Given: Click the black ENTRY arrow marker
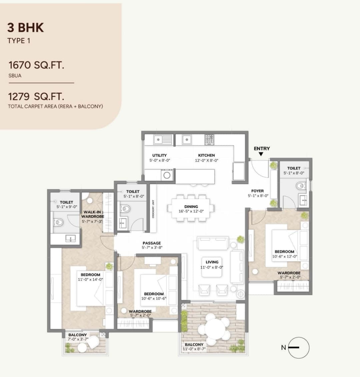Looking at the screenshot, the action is pos(261,154).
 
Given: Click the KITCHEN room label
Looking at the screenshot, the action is pos(207,155).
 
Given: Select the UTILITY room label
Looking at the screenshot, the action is pos(159,155).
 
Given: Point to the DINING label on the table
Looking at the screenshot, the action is pos(191,207).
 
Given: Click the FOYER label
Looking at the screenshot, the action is pos(257,191).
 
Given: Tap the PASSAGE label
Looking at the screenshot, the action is pos(152,243).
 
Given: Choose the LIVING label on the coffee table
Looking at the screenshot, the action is pos(212,262).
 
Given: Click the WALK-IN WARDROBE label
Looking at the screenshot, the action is pos(92,214).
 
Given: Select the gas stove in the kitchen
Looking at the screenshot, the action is pos(209,139).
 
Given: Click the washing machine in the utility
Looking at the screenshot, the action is pos(167,174).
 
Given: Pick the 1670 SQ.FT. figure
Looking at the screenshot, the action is pos(36,65).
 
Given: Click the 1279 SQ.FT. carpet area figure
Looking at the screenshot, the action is pos(36,97).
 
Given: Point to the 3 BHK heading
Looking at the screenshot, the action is pos(25,28).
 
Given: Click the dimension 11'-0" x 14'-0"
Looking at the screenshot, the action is pos(90,279).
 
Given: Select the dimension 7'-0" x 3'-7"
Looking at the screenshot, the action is pos(78,339).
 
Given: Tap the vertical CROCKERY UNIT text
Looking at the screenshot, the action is pos(153,209).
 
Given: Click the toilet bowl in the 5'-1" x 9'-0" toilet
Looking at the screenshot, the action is pos(58,222).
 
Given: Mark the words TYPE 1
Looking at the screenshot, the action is pos(19,41).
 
